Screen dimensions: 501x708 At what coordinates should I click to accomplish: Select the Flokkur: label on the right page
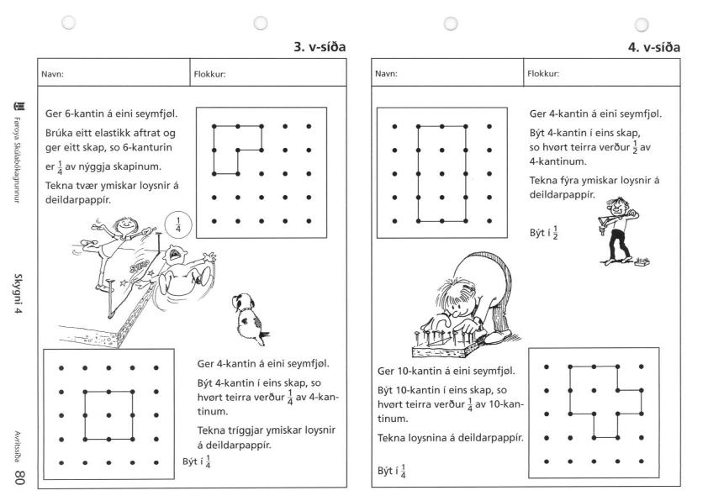544,72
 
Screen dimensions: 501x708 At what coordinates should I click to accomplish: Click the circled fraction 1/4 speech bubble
177,225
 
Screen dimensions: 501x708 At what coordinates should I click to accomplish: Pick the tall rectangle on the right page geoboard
442,174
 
